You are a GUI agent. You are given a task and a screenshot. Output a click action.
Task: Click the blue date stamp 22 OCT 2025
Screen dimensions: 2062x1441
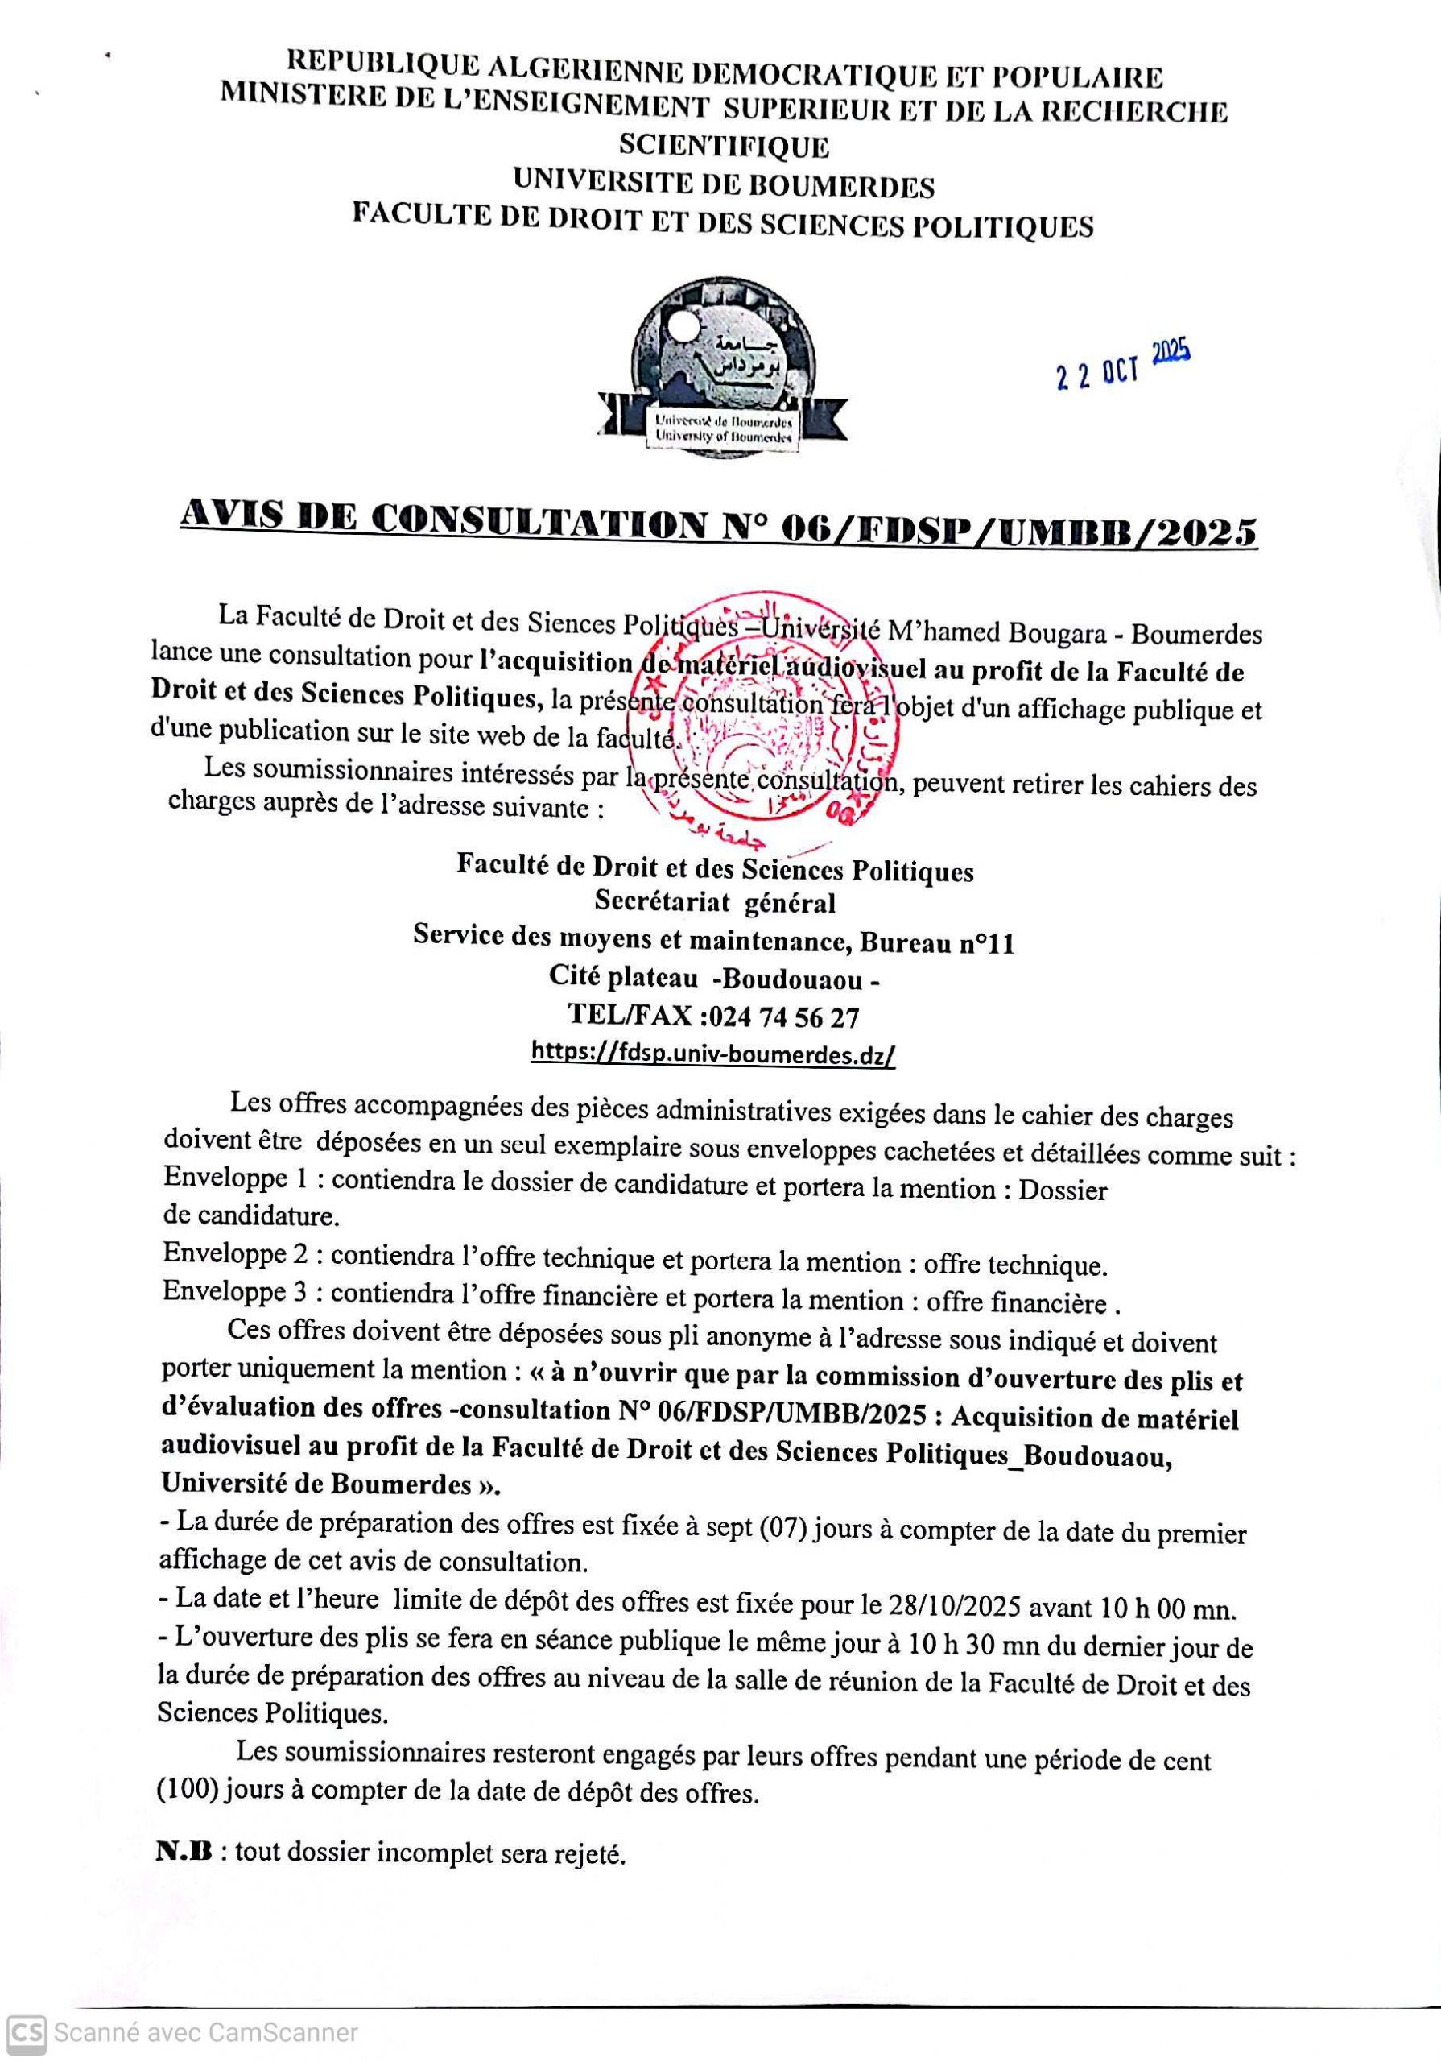tap(1123, 366)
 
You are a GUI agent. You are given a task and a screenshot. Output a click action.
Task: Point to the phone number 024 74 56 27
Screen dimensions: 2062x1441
tap(783, 1017)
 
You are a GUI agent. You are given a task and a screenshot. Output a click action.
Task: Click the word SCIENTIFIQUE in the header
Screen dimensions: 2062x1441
tap(725, 147)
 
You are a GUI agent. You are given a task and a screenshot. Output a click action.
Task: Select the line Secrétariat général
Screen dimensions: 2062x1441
tap(715, 903)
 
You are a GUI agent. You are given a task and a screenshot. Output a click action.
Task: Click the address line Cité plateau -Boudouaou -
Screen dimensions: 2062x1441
tap(715, 979)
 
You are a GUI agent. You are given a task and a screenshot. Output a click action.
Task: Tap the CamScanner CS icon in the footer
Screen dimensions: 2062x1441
tap(26, 2032)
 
